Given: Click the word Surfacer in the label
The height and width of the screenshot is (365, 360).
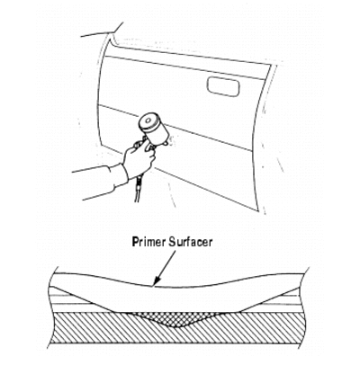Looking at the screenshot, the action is point(191,242).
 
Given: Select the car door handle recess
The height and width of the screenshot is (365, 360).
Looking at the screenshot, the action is point(223,86).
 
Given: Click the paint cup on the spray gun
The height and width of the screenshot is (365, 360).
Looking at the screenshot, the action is point(154,128).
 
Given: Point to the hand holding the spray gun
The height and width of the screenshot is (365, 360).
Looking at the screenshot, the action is point(139,161).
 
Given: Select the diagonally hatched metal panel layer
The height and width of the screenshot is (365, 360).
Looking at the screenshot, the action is point(177,330).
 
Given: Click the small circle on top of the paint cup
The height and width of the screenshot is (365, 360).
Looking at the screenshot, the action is point(147,120).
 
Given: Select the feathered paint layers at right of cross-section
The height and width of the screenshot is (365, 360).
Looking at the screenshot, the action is point(272,300).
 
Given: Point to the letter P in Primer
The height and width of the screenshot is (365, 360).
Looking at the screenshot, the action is point(136,242).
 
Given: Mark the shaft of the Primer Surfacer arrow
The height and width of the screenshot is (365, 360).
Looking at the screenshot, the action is point(166,265).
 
